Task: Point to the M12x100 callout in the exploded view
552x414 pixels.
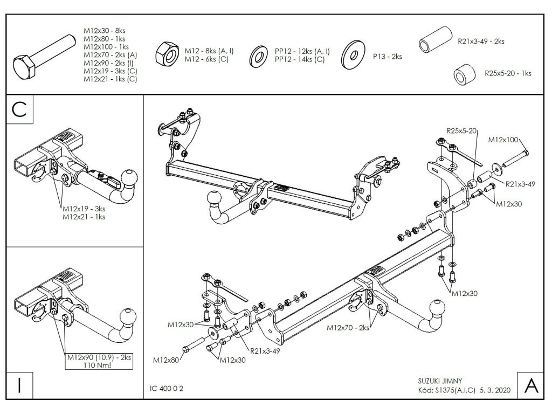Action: (503, 140)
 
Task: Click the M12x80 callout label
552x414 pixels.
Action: (167, 359)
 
